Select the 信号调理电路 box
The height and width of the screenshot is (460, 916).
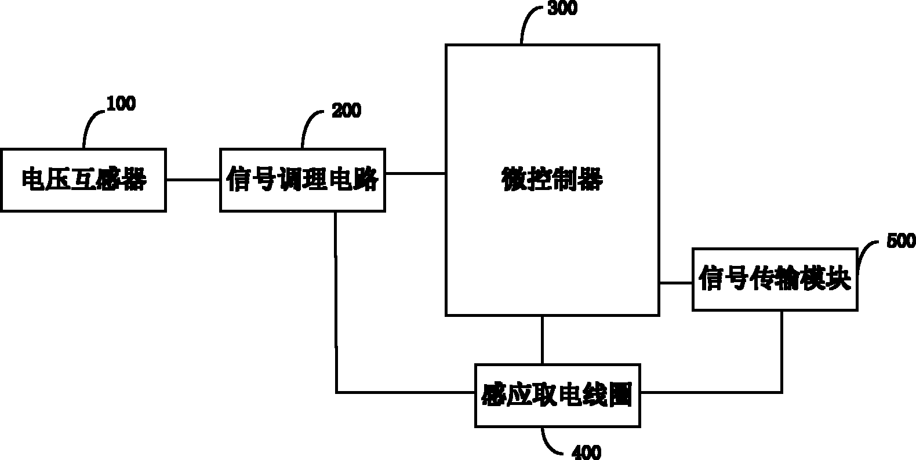[302, 180]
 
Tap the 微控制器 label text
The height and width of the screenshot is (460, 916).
[552, 180]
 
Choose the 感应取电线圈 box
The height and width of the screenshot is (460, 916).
[557, 396]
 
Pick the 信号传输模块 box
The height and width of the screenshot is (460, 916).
[775, 280]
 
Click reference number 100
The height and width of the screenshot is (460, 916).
[121, 104]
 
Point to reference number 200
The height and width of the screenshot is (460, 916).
[346, 111]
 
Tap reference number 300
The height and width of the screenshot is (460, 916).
[562, 9]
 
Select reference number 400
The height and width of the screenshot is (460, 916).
[586, 452]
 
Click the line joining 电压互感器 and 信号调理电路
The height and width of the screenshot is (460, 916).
[193, 180]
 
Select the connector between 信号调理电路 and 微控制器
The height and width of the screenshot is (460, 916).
[415, 173]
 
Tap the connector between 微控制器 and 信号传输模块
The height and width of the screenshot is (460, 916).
[676, 283]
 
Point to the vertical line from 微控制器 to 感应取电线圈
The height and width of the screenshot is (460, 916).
[542, 339]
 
